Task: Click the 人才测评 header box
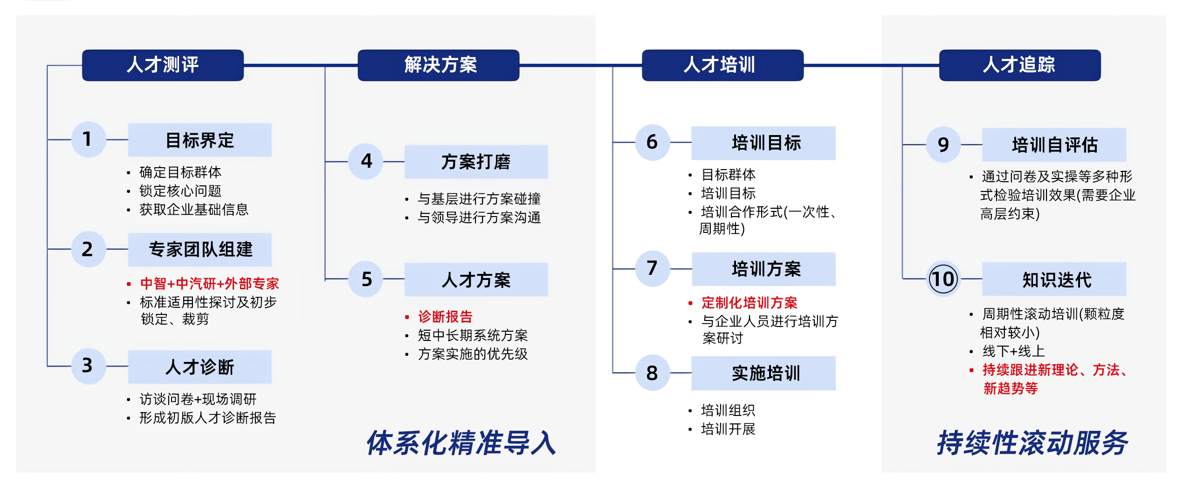[163, 65]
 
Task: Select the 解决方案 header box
[439, 65]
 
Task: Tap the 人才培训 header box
[722, 65]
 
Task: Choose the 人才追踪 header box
[1020, 65]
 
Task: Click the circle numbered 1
[88, 139]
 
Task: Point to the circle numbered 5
[366, 279]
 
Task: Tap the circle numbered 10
[943, 279]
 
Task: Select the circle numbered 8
[653, 373]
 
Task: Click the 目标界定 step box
[200, 140]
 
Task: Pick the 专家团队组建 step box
[200, 250]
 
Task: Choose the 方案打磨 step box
[476, 162]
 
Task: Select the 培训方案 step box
[764, 269]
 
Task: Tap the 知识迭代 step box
[1054, 279]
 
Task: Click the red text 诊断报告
[445, 317]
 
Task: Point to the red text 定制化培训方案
[750, 303]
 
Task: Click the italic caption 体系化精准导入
[461, 442]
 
